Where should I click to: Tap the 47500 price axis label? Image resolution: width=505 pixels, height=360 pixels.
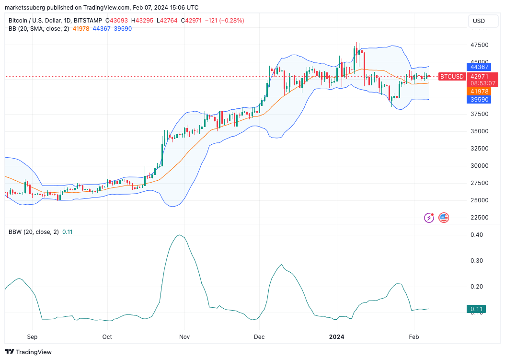[480, 45]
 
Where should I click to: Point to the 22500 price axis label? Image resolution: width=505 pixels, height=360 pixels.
[480, 218]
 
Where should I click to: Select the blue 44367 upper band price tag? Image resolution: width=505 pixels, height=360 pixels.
[479, 67]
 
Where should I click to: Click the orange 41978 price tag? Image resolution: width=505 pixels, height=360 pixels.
[479, 91]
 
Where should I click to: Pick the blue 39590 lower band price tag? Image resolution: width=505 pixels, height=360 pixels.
[479, 99]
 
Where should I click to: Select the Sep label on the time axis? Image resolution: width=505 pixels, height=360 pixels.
[32, 337]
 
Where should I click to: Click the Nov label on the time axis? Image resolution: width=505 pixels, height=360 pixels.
[184, 337]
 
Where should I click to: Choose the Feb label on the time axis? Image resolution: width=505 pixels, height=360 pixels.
[414, 337]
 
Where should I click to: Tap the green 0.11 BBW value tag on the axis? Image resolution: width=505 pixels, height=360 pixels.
[476, 309]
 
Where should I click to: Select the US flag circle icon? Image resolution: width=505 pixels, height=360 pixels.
[444, 218]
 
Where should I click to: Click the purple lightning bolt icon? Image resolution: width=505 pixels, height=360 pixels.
[429, 218]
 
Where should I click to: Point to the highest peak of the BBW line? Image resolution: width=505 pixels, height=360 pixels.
[180, 235]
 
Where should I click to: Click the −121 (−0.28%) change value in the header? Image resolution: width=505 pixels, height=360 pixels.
[224, 21]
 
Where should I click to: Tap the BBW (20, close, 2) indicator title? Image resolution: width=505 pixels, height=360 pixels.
[34, 232]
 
